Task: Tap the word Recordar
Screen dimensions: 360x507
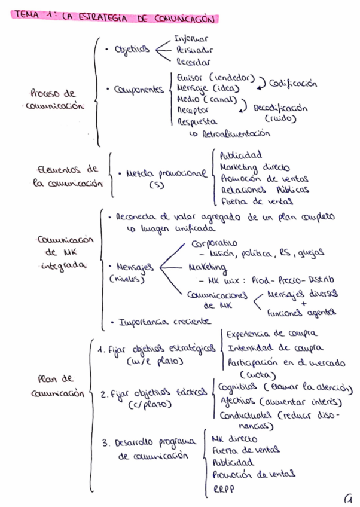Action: click(x=193, y=61)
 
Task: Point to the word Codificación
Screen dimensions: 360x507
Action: click(x=293, y=84)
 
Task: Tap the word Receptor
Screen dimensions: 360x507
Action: click(x=193, y=110)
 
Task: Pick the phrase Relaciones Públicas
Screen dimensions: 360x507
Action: click(x=264, y=190)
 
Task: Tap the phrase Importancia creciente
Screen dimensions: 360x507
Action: click(x=165, y=322)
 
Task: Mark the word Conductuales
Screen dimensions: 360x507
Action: click(x=245, y=414)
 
